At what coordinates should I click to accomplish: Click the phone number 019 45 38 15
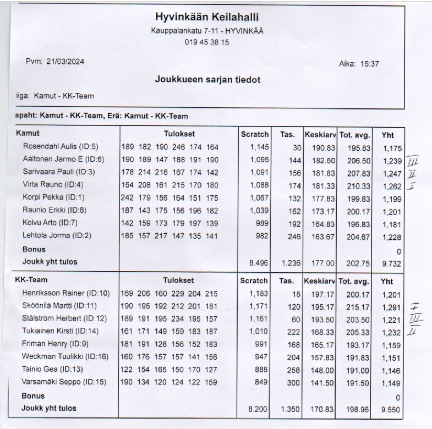[x=207, y=42]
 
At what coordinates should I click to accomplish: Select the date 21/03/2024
[x=65, y=62]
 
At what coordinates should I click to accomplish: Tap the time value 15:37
[x=369, y=64]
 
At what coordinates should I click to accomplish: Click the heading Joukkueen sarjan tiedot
[x=207, y=80]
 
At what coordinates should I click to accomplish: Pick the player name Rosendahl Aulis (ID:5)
[x=60, y=147]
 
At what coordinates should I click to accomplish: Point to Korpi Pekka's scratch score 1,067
[x=259, y=197]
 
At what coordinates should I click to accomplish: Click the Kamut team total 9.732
[x=392, y=263]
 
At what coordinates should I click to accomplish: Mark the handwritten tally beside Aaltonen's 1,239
[x=413, y=161]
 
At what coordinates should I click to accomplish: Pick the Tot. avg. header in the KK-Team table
[x=353, y=280]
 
